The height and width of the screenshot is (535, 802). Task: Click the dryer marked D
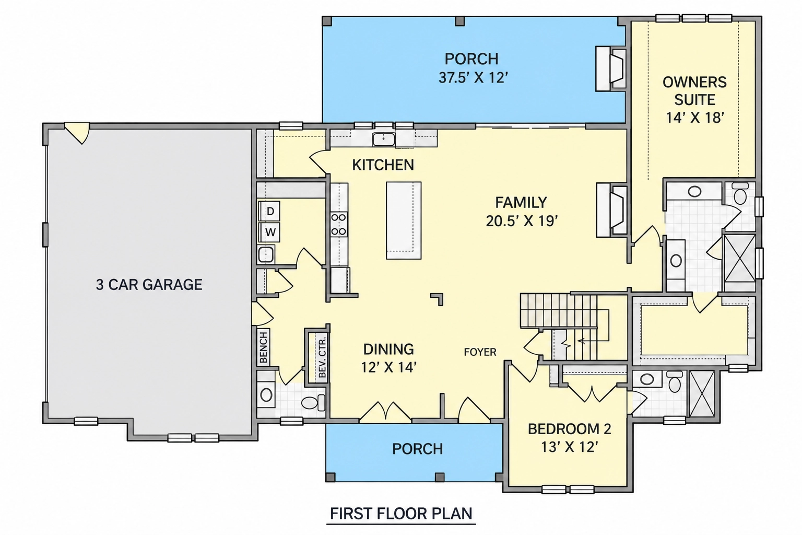coord(269,211)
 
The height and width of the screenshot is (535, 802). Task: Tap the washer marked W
coord(270,232)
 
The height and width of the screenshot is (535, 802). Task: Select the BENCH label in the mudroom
coord(264,347)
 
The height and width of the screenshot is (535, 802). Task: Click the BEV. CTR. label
coord(322,356)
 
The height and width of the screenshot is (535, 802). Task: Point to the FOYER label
coord(480,352)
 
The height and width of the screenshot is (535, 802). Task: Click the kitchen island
coord(404,220)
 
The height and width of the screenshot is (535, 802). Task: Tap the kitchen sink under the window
coord(383,139)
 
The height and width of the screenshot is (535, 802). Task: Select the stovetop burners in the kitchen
coord(338,224)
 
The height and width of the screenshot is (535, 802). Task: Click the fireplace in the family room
coord(611,210)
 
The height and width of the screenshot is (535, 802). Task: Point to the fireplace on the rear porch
coord(611,68)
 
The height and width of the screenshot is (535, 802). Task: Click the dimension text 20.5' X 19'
coord(522,221)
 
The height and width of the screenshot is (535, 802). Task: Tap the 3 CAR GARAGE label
coord(149,285)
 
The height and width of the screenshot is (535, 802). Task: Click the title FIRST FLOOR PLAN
coord(401,514)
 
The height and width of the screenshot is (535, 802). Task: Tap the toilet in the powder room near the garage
coord(313,402)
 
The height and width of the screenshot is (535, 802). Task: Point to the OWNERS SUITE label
coord(694,91)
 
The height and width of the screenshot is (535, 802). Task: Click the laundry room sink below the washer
coord(266,255)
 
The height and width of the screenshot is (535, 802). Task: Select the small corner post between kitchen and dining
coord(438,298)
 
